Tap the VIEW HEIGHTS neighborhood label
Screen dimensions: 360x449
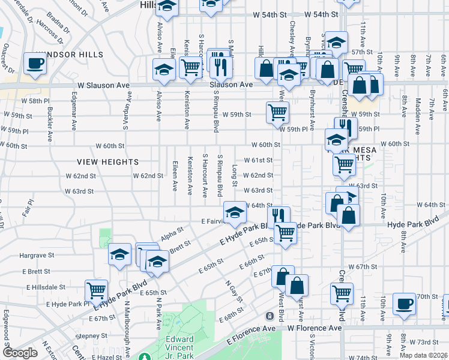click(107, 162)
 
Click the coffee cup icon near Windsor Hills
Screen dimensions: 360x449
click(35, 63)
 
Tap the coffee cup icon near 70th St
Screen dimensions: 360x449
click(405, 304)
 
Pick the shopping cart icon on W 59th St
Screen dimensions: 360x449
click(277, 112)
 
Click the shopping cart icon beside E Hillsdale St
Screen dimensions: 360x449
click(96, 291)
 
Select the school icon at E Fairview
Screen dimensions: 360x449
click(235, 212)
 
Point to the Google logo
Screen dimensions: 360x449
click(19, 353)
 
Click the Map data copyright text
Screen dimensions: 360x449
click(423, 355)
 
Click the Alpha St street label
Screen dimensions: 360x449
click(172, 238)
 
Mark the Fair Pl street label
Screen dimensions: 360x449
click(26, 209)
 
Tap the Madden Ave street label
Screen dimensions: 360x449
click(433, 109)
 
